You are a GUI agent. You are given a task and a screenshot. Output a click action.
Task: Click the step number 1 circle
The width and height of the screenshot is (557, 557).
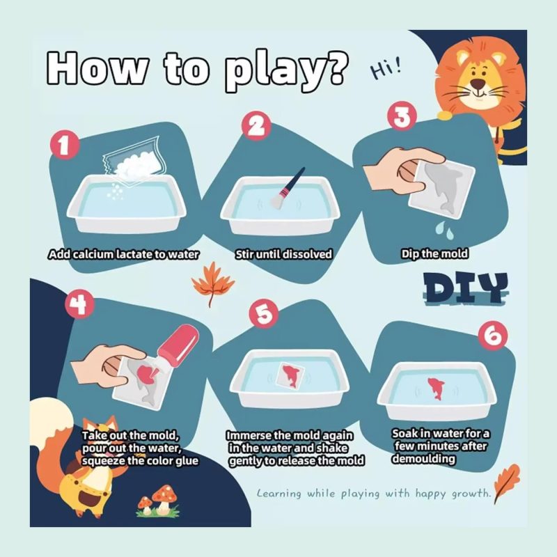tap(64, 146)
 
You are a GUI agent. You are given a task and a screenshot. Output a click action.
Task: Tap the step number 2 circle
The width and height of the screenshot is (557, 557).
tap(256, 126)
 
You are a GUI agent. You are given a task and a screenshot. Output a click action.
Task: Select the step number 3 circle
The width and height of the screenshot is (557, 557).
tap(402, 117)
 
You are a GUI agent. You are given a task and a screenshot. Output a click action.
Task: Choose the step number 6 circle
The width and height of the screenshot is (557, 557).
tap(492, 336)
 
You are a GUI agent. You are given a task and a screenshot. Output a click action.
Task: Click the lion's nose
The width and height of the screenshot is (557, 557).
tap(478, 84)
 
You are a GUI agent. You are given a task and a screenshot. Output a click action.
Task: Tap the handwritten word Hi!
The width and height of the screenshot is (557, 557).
tap(386, 68)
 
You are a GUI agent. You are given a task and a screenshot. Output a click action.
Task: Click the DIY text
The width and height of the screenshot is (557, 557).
tap(465, 288)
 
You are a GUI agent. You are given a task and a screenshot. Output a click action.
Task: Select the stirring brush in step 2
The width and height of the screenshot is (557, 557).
tap(288, 188)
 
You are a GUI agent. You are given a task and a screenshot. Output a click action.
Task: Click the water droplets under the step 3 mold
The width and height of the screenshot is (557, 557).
tap(444, 230)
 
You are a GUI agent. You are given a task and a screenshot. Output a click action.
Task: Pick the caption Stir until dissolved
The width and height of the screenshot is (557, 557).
tap(283, 254)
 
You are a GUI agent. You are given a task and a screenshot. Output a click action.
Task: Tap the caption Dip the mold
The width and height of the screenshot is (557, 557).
tap(434, 253)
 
